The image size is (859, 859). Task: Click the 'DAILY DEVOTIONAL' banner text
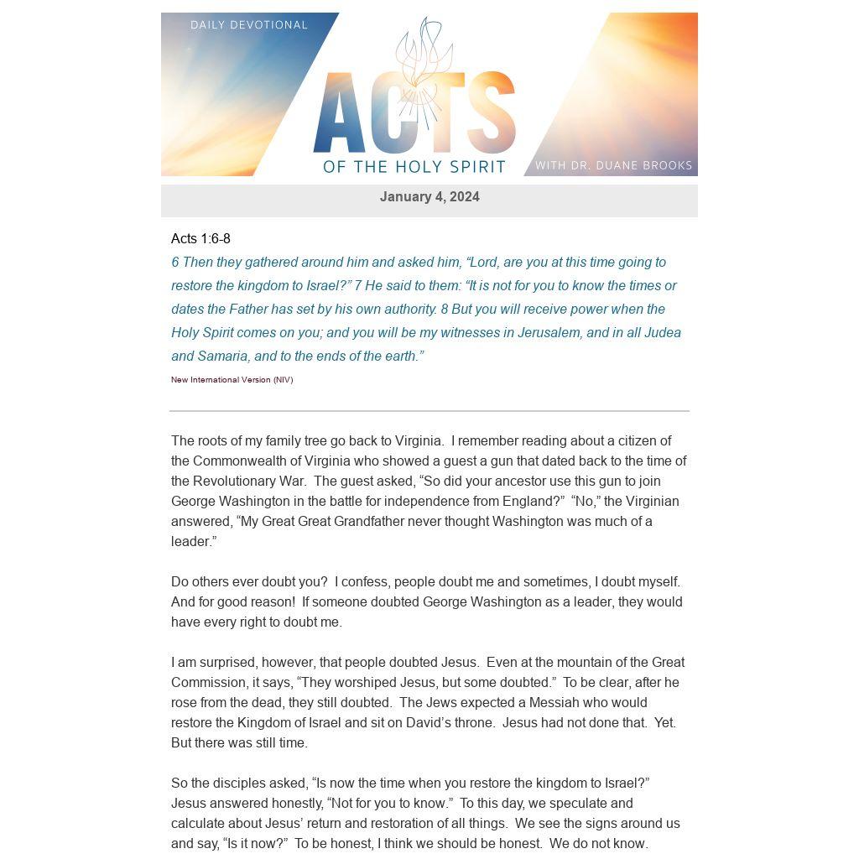(249, 25)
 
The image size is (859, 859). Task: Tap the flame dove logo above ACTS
(424, 63)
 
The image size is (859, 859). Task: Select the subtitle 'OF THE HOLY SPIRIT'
(414, 167)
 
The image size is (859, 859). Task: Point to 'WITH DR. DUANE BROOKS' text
(613, 165)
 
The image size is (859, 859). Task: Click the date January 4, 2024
(429, 197)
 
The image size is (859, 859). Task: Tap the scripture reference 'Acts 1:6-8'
(200, 239)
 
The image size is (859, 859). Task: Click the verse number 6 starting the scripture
(175, 263)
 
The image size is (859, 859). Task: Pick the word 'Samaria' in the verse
(222, 357)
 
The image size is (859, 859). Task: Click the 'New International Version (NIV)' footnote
(232, 380)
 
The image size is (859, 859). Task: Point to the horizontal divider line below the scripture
(429, 411)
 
